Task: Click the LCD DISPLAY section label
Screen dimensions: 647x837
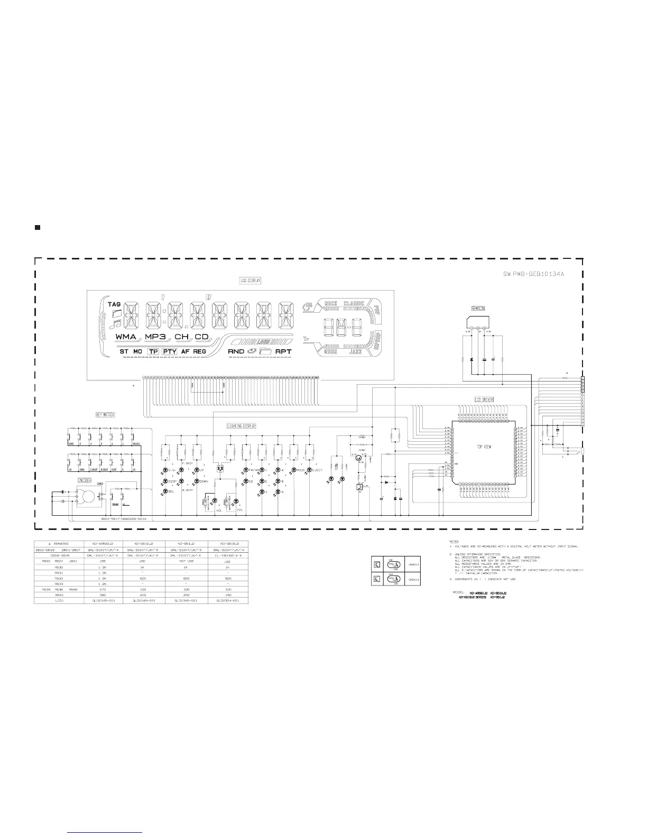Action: pyautogui.click(x=250, y=280)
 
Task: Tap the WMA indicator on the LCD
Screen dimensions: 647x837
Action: pyautogui.click(x=126, y=337)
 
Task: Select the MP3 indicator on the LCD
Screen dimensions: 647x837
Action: pyautogui.click(x=156, y=337)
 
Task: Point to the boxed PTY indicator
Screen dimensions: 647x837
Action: pyautogui.click(x=169, y=351)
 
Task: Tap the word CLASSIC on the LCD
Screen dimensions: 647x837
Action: pyautogui.click(x=354, y=303)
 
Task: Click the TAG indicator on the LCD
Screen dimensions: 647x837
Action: pyautogui.click(x=115, y=304)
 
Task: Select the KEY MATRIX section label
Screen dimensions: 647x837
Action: pyautogui.click(x=105, y=415)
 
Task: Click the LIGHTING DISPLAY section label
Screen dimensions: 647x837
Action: pyautogui.click(x=241, y=425)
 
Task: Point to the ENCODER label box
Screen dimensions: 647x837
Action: pyautogui.click(x=85, y=480)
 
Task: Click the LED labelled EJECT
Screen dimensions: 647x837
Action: pyautogui.click(x=310, y=470)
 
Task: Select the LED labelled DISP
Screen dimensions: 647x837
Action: pyautogui.click(x=165, y=481)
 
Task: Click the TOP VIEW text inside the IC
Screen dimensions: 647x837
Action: pyautogui.click(x=484, y=447)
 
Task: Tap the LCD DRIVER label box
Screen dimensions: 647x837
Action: pyautogui.click(x=484, y=399)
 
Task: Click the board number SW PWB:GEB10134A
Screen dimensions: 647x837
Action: pyautogui.click(x=534, y=274)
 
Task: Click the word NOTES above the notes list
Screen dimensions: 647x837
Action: pyautogui.click(x=454, y=541)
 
